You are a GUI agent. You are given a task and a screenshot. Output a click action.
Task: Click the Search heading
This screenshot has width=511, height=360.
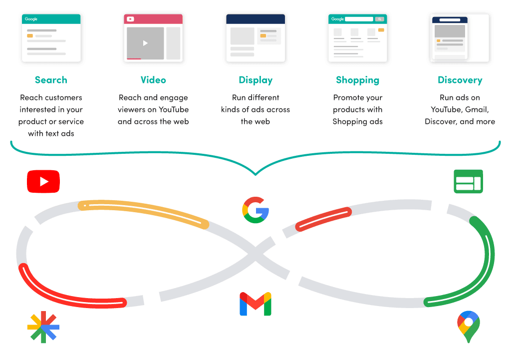(51, 80)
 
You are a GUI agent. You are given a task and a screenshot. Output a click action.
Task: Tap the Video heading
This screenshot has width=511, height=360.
(153, 80)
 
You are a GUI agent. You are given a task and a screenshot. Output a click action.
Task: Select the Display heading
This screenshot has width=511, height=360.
(255, 80)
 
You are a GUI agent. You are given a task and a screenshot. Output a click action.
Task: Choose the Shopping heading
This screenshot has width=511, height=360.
(357, 80)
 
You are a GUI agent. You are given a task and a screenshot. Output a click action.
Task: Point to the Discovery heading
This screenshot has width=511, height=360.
(460, 80)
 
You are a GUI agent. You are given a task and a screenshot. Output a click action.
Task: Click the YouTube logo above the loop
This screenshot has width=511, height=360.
(43, 181)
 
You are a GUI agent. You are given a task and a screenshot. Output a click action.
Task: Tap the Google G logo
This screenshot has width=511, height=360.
(255, 210)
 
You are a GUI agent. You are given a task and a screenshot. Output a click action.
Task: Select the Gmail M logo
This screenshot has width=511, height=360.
(255, 304)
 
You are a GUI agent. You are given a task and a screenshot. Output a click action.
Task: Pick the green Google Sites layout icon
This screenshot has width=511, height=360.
(468, 181)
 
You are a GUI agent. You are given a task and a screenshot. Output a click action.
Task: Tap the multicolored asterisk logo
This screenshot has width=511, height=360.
(43, 327)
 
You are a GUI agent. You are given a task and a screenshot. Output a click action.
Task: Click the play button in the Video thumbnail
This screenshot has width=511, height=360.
(145, 43)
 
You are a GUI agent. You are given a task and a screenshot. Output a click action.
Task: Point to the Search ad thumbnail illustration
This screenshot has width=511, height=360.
(51, 38)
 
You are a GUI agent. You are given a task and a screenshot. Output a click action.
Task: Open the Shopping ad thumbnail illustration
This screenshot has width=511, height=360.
(358, 38)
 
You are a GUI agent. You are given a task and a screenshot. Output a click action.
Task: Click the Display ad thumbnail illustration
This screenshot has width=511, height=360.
(255, 38)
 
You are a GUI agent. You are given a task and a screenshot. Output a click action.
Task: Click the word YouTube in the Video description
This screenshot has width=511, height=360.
(173, 109)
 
